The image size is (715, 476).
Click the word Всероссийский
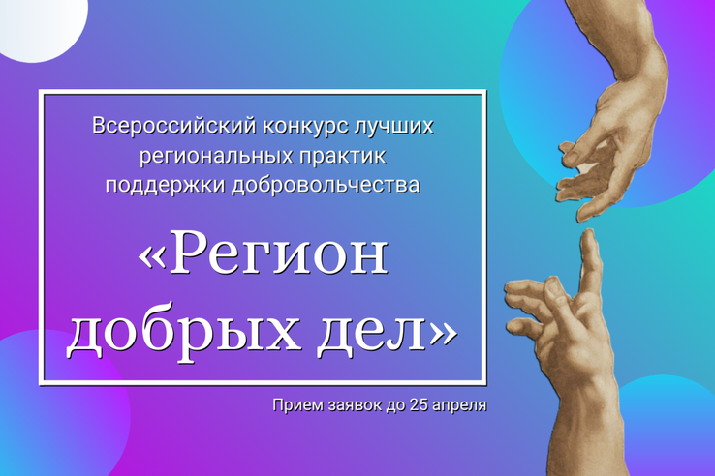coord(174,126)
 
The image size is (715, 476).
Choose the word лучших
coord(393,126)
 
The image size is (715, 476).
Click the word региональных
coord(216,156)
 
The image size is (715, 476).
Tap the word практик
coord(342,156)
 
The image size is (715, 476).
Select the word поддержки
coord(166,186)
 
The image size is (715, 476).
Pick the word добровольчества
coord(326,186)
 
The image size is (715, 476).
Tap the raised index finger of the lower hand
coord(591,259)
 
